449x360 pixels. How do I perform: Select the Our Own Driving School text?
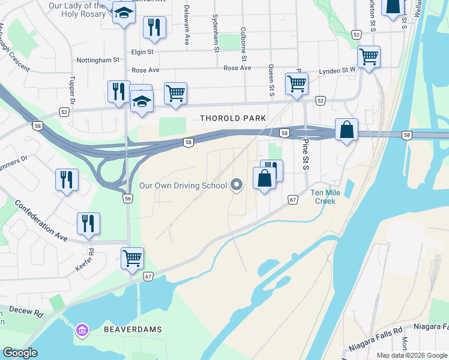[x=183, y=185]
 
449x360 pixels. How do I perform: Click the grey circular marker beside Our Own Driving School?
[x=237, y=185]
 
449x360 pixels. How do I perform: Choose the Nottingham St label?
[x=98, y=61]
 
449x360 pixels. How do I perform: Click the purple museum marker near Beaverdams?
[x=82, y=329]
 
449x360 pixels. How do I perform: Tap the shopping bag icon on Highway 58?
[x=347, y=130]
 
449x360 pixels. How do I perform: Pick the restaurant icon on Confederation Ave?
[x=88, y=223]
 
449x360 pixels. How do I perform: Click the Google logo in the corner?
[x=20, y=353]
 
